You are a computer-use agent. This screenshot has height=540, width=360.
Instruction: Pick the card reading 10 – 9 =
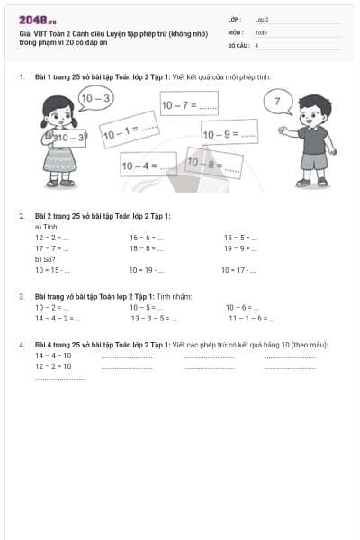tap(229, 135)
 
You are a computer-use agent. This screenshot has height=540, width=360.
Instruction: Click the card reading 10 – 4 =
tap(149, 166)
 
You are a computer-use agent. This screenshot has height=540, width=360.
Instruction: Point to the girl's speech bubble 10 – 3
tap(94, 98)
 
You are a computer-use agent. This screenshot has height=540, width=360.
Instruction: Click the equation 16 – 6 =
tap(146, 238)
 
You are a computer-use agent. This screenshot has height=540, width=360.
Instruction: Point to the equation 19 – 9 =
tap(240, 247)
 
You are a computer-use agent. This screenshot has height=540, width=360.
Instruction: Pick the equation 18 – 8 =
tap(146, 247)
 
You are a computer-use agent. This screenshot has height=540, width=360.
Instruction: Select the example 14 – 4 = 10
tap(53, 355)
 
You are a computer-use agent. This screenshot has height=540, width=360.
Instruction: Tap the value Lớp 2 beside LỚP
tap(262, 19)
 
